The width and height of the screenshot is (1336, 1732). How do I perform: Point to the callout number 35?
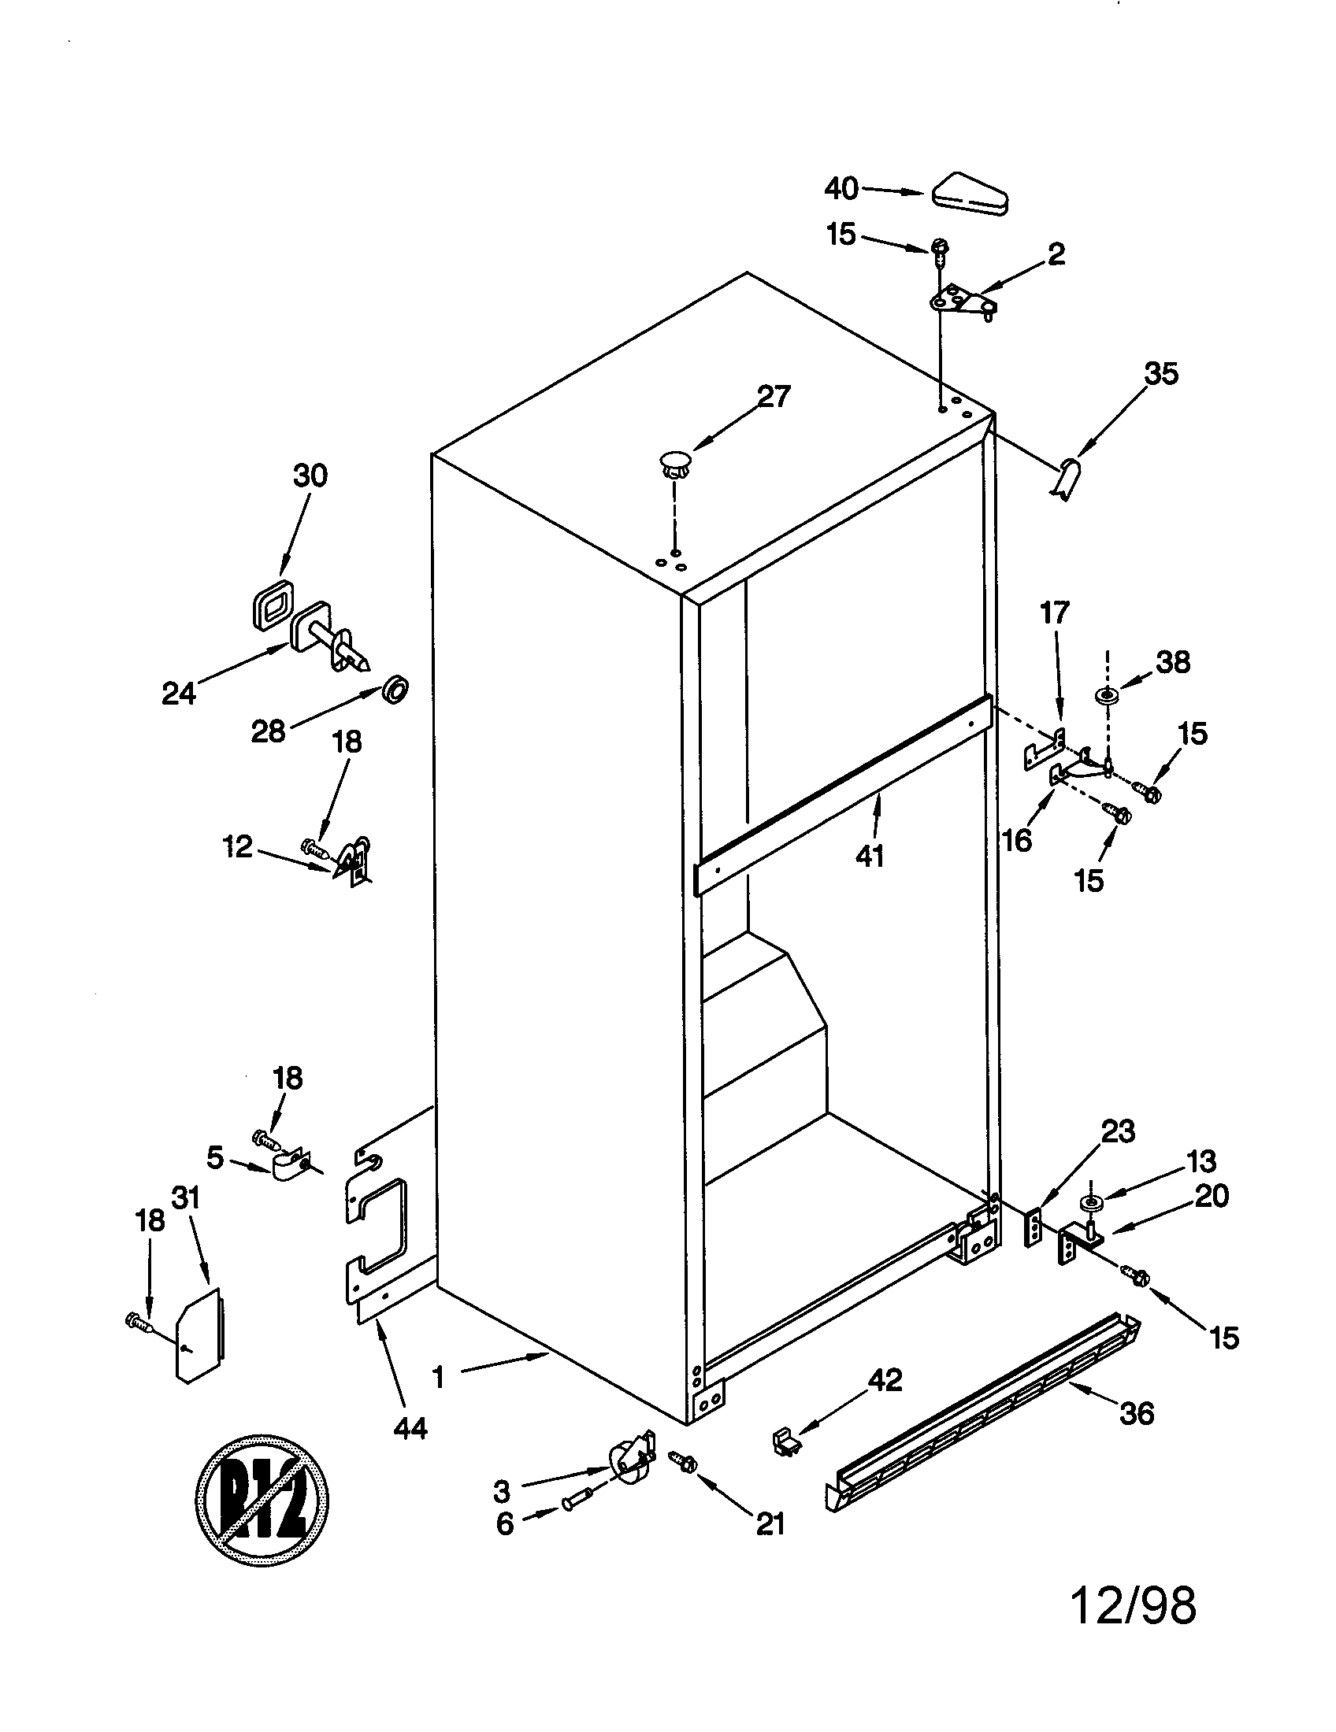(1160, 373)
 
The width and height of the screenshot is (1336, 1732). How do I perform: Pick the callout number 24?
(179, 693)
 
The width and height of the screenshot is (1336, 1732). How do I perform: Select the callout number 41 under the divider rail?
(870, 856)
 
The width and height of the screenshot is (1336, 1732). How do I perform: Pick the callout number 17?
(1054, 612)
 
